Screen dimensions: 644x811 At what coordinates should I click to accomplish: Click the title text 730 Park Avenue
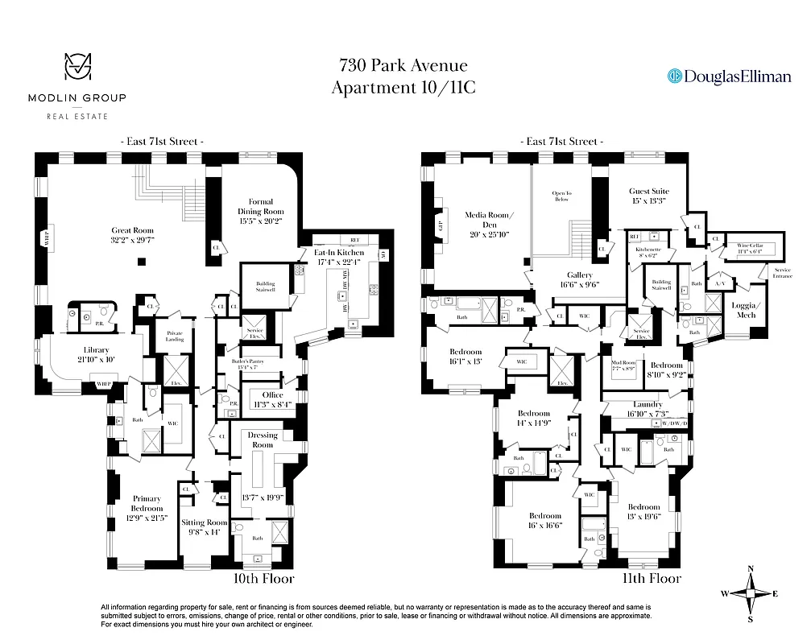(x=403, y=66)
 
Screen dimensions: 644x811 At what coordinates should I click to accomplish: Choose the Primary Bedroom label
(x=147, y=503)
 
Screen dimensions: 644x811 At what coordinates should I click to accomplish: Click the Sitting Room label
(x=204, y=522)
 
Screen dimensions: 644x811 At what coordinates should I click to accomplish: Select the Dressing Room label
(x=263, y=440)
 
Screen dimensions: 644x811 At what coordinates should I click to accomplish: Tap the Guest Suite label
(x=648, y=192)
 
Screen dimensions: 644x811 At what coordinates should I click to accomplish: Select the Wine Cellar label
(x=744, y=246)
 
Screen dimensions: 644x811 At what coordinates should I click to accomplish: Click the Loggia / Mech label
(x=746, y=310)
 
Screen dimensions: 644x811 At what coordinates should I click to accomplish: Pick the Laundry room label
(x=648, y=404)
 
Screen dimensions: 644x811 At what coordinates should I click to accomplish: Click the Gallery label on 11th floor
(x=579, y=275)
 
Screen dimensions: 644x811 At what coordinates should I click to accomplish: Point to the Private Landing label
(x=175, y=336)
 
